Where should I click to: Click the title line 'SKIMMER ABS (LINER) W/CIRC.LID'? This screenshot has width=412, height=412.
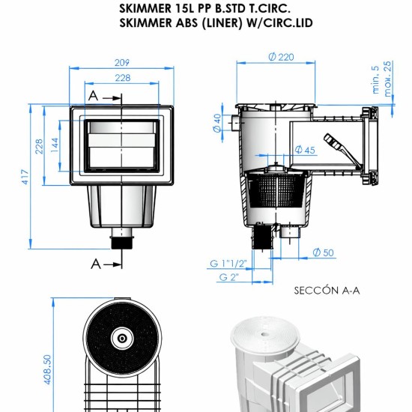[216, 22]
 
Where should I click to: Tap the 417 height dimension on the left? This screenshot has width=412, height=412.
[25, 178]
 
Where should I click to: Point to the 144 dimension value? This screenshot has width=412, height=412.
[55, 145]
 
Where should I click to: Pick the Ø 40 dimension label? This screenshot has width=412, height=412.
[216, 122]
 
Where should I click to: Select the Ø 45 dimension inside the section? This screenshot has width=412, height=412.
[305, 150]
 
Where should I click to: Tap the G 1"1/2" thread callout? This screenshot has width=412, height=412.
[228, 263]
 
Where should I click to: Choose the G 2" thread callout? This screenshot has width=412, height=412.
[229, 277]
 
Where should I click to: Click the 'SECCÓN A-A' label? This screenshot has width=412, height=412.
[327, 289]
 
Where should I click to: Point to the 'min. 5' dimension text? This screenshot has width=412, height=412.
[375, 79]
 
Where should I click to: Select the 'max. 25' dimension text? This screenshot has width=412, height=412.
[387, 74]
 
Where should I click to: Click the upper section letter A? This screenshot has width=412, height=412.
[93, 96]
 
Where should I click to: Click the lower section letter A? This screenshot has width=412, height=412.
[95, 263]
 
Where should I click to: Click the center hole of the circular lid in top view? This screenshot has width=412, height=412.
[122, 338]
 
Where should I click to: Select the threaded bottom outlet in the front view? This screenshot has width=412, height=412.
[121, 241]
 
